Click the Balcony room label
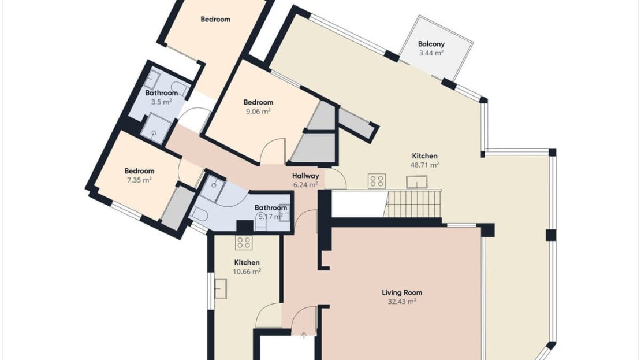[x=431, y=44]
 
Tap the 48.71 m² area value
[x=425, y=165]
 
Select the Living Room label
[x=402, y=292]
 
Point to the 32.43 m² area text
[x=402, y=302]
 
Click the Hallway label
[x=305, y=176]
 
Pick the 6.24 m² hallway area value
[x=305, y=185]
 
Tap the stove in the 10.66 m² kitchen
[x=244, y=243]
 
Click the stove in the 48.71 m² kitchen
[x=377, y=181]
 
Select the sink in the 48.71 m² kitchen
[x=416, y=182]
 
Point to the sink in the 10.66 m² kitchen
[x=221, y=288]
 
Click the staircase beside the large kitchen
[x=414, y=203]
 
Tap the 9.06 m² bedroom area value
[x=258, y=112]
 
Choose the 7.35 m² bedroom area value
[x=139, y=180]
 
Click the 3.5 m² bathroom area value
[x=162, y=102]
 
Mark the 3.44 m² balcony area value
[x=431, y=53]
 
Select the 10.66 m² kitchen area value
[x=247, y=272]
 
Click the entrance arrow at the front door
[x=304, y=336]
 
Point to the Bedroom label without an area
[x=215, y=19]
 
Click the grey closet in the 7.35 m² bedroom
[x=178, y=207]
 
